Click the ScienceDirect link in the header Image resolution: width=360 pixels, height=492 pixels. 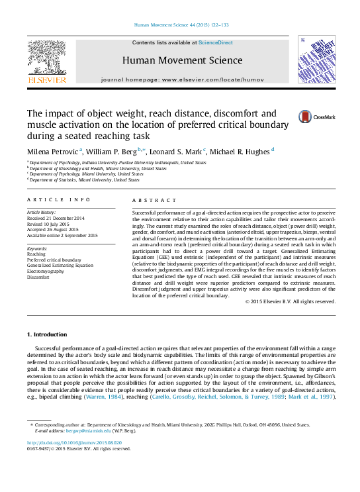click(216, 42)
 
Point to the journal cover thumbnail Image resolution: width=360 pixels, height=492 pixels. click(315, 60)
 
